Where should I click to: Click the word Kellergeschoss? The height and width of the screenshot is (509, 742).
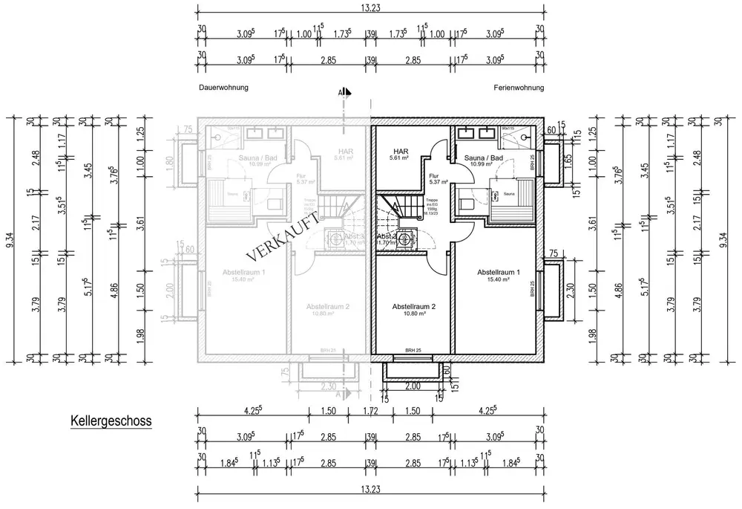(x=111, y=421)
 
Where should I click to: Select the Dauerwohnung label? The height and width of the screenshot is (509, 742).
(x=223, y=88)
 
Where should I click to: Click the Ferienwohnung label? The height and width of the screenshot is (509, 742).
(x=519, y=88)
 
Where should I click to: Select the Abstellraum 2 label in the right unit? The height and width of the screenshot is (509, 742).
(x=413, y=306)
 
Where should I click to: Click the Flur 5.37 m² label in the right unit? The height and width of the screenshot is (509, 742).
(x=434, y=179)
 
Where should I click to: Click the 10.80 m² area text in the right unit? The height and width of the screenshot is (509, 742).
(x=413, y=314)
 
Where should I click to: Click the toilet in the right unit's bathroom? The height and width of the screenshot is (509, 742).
(x=467, y=201)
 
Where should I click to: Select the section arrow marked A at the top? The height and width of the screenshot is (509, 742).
(x=344, y=93)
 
